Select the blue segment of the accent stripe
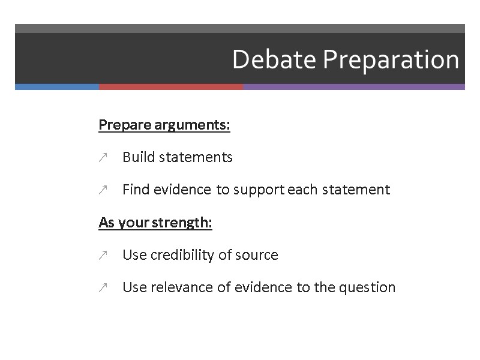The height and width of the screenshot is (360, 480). click(x=57, y=86)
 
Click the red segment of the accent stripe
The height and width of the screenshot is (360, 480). click(x=171, y=86)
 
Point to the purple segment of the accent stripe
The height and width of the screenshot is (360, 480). click(x=354, y=86)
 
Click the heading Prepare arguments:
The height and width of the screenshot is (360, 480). click(x=164, y=125)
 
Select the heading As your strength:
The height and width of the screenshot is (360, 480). click(x=155, y=223)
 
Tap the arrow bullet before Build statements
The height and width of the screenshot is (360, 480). click(x=103, y=158)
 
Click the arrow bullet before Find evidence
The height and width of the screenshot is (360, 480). click(x=103, y=190)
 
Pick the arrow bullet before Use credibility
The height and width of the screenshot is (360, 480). click(x=103, y=256)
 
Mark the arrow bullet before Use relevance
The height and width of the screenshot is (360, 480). click(x=103, y=288)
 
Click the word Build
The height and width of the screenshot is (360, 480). click(x=137, y=157)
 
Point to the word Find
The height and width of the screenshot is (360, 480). click(x=135, y=190)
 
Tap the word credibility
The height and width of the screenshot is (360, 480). click(x=179, y=255)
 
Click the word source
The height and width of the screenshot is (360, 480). click(x=259, y=256)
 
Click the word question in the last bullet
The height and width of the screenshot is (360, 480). click(x=367, y=288)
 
